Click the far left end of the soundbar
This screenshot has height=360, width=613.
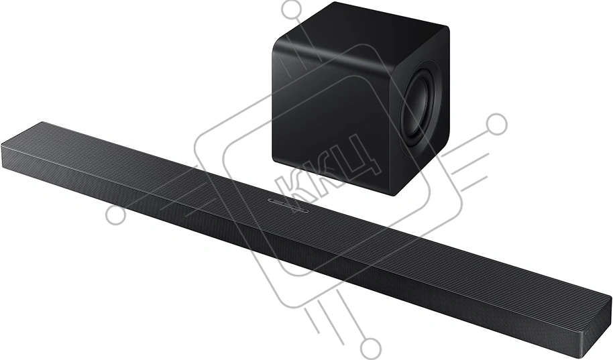point(3,154)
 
